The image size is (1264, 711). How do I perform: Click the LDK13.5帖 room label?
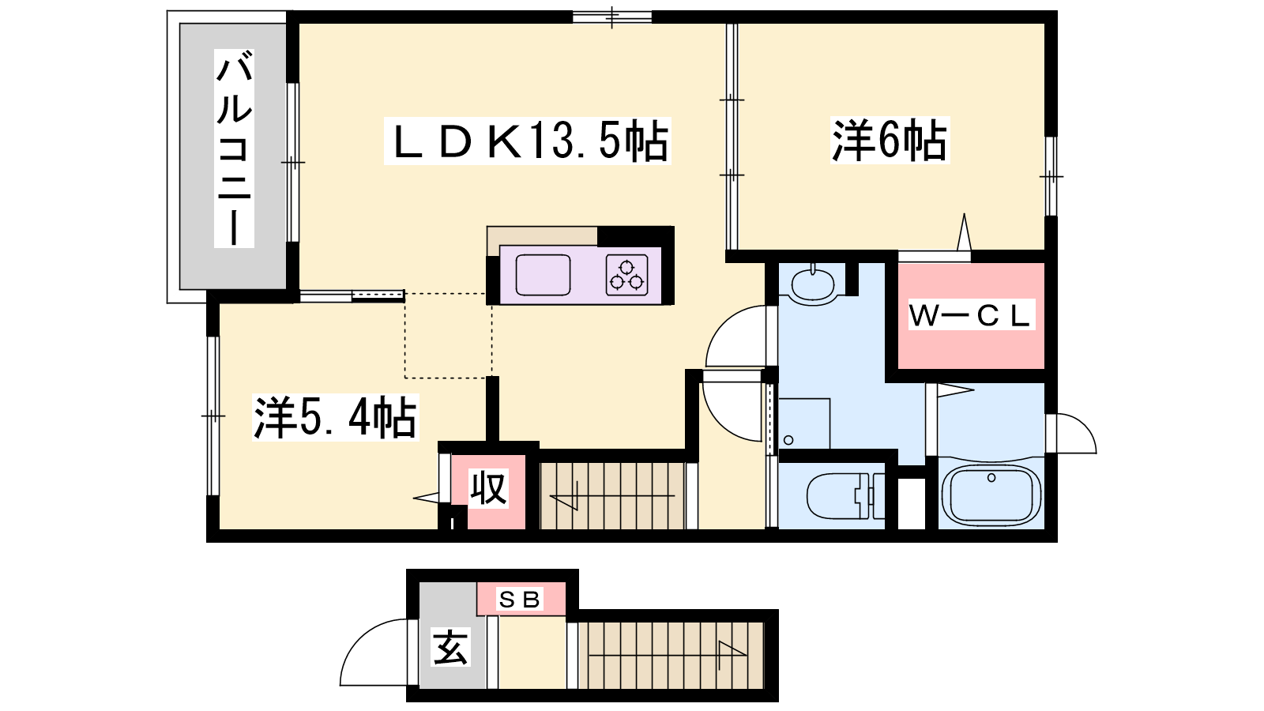(x=528, y=141)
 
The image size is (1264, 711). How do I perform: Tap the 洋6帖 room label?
(x=890, y=141)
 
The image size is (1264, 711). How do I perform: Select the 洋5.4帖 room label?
(x=335, y=418)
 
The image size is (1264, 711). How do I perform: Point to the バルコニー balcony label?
(x=234, y=149)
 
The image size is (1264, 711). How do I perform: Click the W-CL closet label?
(x=971, y=315)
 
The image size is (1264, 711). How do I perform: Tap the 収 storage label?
(x=489, y=489)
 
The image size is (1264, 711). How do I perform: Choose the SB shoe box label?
(x=520, y=600)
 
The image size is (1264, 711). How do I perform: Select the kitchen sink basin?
(x=543, y=275)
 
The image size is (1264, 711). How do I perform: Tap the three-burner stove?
(x=626, y=275)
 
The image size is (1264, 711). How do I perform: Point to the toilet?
(x=845, y=496)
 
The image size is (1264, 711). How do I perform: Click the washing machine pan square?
(x=804, y=423)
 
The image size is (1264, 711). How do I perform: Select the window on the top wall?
(x=612, y=17)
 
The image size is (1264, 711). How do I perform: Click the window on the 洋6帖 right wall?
(x=1051, y=176)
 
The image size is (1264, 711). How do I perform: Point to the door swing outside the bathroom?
(x=1071, y=434)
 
